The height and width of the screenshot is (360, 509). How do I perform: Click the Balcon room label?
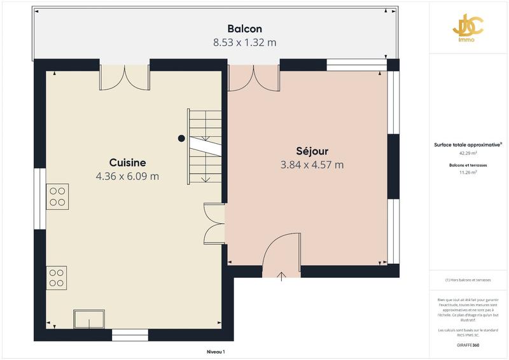click(245, 29)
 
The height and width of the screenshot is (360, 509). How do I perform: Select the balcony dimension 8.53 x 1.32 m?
click(245, 43)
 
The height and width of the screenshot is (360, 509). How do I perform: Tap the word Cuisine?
click(127, 162)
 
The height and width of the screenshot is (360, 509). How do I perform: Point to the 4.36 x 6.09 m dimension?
click(127, 176)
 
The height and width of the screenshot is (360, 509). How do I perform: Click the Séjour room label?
click(312, 151)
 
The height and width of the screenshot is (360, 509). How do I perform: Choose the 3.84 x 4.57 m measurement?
click(312, 165)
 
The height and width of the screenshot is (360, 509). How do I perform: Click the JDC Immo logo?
click(468, 29)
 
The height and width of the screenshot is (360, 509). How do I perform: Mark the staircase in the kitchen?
click(205, 146)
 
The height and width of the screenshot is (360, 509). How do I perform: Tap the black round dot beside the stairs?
click(181, 138)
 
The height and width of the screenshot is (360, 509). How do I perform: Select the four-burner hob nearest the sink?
click(57, 278)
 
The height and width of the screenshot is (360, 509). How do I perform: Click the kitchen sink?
click(89, 319)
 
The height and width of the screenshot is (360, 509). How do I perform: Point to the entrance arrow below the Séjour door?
click(281, 275)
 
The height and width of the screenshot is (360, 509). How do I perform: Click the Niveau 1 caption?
click(216, 352)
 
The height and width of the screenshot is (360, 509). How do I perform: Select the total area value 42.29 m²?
click(468, 153)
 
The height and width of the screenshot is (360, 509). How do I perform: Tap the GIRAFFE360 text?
click(468, 345)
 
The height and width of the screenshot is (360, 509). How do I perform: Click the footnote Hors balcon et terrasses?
click(468, 280)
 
